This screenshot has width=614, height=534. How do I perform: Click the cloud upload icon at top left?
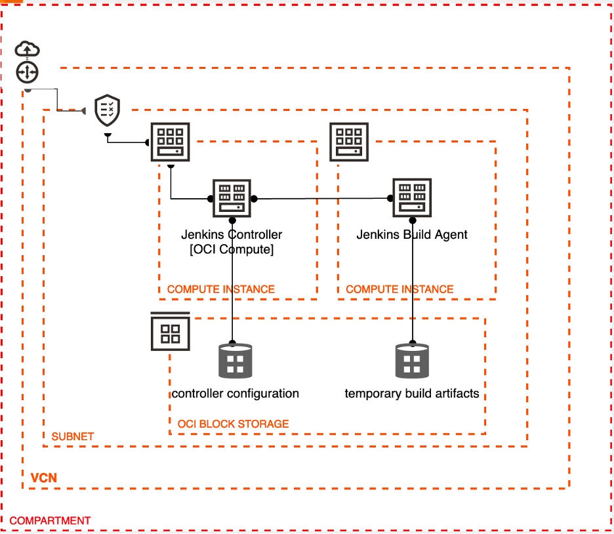coord(28,49)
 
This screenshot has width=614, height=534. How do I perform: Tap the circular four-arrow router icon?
coord(28,72)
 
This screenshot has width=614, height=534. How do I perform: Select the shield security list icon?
coord(108,110)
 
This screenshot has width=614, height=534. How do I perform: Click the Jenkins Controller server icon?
coord(232,198)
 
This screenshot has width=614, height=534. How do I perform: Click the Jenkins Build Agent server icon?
coord(412,197)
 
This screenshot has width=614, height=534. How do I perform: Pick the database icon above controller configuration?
coord(235,361)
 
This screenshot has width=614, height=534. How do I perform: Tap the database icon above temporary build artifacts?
coord(412,361)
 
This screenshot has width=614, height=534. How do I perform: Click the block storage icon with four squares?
coord(171,332)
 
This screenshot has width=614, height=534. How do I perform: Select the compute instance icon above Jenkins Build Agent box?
coord(349,142)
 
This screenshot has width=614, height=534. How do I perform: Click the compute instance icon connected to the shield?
coord(171,142)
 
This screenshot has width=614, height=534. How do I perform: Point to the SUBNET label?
coord(73,436)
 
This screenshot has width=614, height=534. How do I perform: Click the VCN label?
coord(44,477)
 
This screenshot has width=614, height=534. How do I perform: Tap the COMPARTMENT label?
coord(50,521)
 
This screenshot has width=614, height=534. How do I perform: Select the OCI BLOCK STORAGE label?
coord(233,424)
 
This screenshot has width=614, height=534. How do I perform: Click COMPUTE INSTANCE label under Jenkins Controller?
coord(221,289)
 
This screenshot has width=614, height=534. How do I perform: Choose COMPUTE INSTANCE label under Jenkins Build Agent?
coord(399,289)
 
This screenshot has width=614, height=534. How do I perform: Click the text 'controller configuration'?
coord(235,394)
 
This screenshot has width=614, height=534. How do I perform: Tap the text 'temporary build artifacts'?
coord(412,394)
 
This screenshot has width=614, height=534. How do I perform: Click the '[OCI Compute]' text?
coord(232,249)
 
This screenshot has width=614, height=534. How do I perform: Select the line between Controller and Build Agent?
coord(321,198)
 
